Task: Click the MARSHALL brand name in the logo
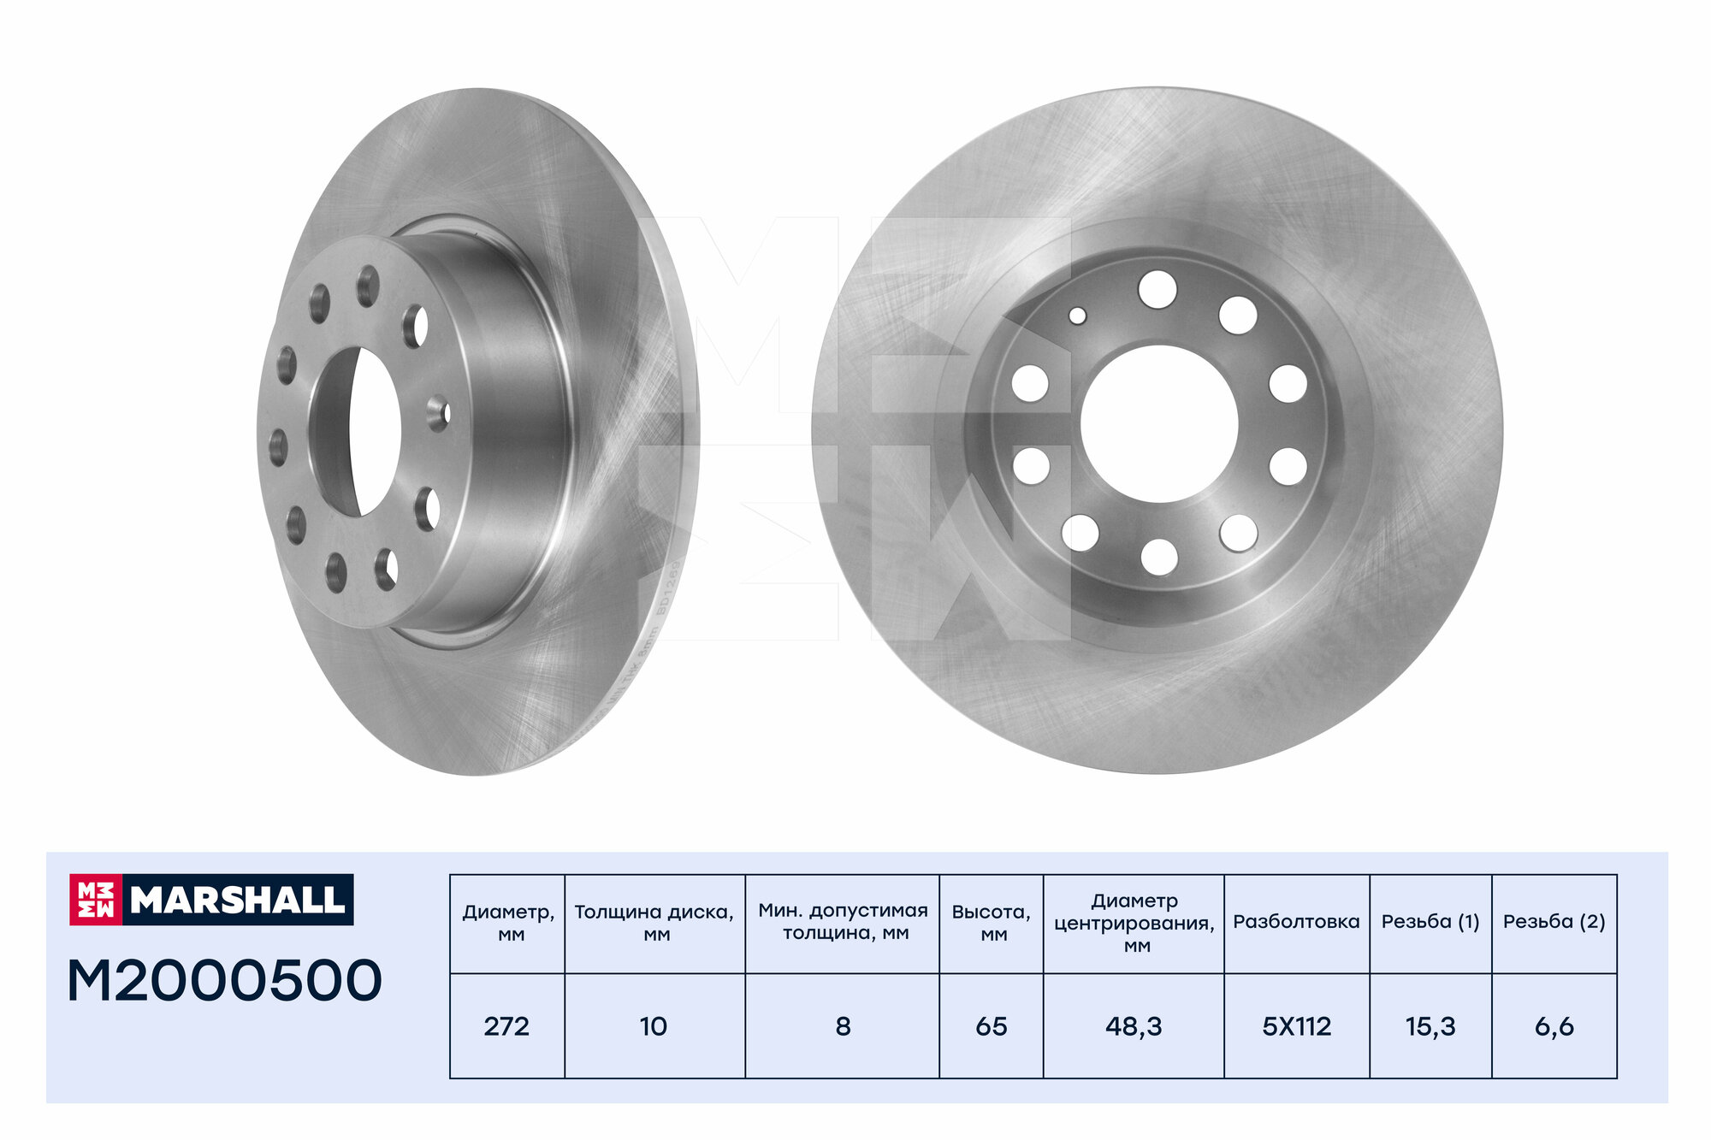tap(238, 899)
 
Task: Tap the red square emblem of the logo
tap(96, 900)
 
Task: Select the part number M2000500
tap(224, 980)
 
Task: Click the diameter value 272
tap(506, 1026)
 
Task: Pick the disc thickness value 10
tap(654, 1026)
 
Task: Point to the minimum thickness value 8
tap(843, 1026)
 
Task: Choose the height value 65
tap(992, 1026)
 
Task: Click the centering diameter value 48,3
tap(1134, 1026)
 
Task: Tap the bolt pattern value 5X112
tap(1297, 1026)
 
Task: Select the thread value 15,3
tap(1430, 1026)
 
